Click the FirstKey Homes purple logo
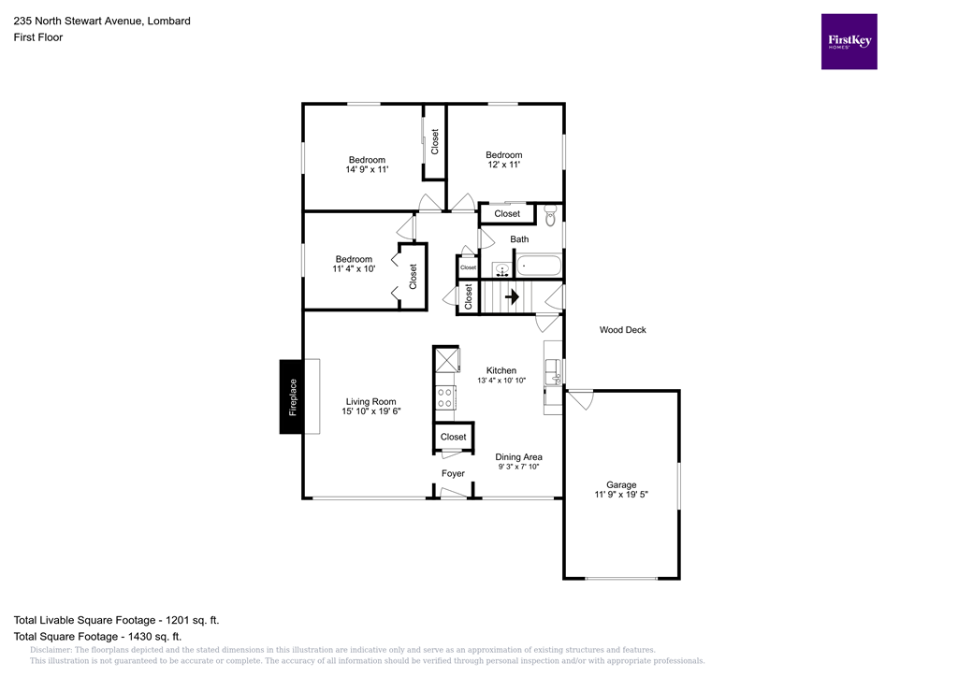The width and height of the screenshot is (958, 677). click(849, 41)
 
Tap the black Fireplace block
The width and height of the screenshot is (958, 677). click(292, 396)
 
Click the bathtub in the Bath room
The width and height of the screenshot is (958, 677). click(540, 266)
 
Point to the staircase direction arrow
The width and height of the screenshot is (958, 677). click(512, 297)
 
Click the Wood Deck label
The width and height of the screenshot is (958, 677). click(622, 330)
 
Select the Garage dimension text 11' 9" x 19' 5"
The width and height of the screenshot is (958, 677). click(621, 495)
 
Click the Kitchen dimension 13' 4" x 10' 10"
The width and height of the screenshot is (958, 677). click(501, 381)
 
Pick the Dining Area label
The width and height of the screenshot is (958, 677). click(518, 457)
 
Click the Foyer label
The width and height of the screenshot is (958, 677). click(453, 474)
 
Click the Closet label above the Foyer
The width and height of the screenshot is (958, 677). click(453, 437)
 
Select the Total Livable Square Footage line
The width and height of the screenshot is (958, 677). click(117, 620)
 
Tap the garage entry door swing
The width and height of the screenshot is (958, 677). click(580, 399)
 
